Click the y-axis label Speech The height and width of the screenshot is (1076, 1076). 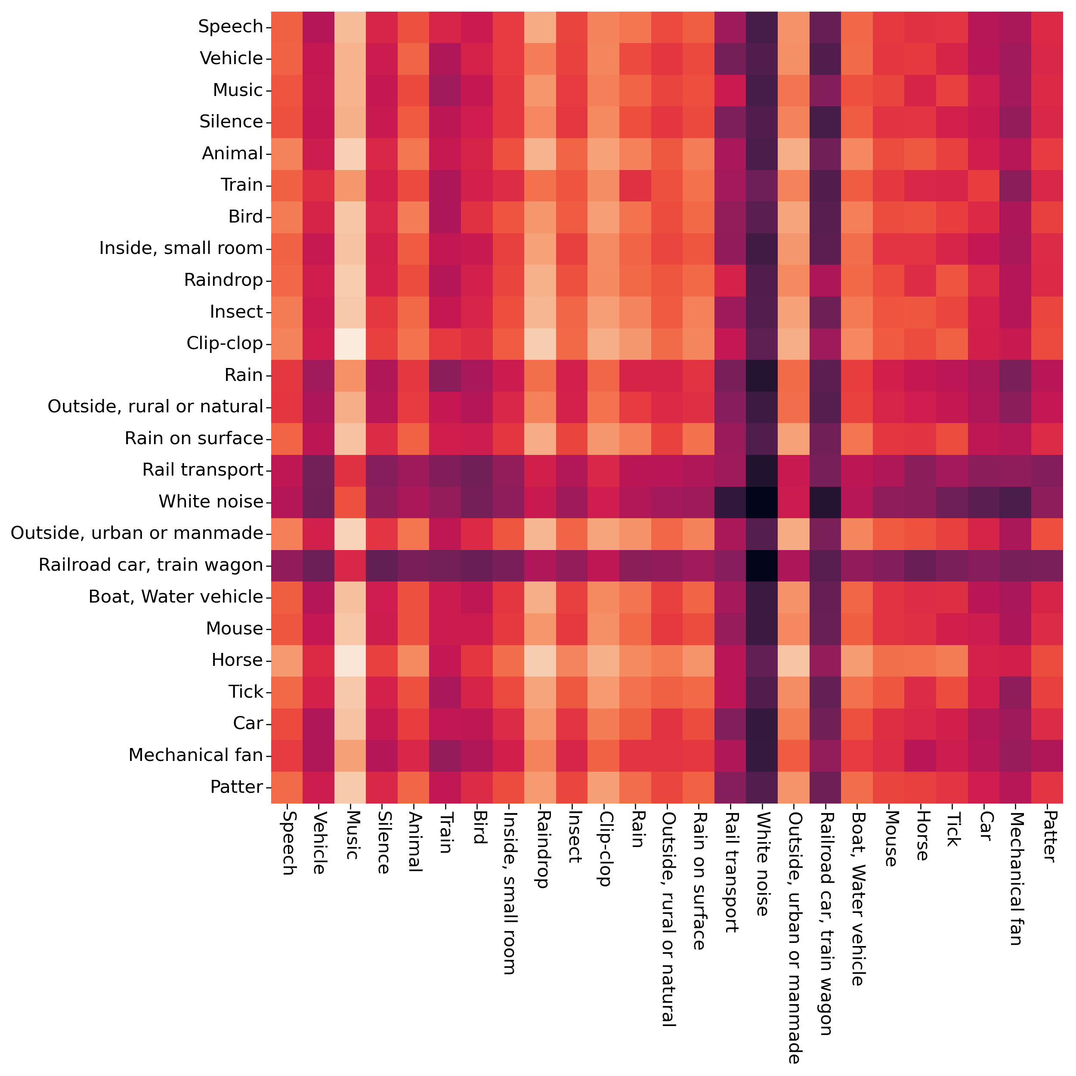231,27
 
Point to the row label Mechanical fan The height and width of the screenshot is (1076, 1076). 195,755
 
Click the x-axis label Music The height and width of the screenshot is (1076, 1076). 351,835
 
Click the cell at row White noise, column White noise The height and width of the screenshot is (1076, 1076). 762,502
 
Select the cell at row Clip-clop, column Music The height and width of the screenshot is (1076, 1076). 350,343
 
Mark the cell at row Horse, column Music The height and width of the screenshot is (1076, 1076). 350,660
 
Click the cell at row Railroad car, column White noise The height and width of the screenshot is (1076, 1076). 762,565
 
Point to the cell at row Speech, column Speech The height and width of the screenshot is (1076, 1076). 287,27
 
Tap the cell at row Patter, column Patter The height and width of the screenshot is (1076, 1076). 1047,787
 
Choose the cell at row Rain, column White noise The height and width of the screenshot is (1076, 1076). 762,375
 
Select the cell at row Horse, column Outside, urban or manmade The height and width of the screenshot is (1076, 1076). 794,660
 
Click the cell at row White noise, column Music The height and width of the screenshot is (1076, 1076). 350,502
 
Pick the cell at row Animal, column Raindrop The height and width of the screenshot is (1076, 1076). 540,153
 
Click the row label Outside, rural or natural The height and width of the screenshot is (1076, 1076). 155,407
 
